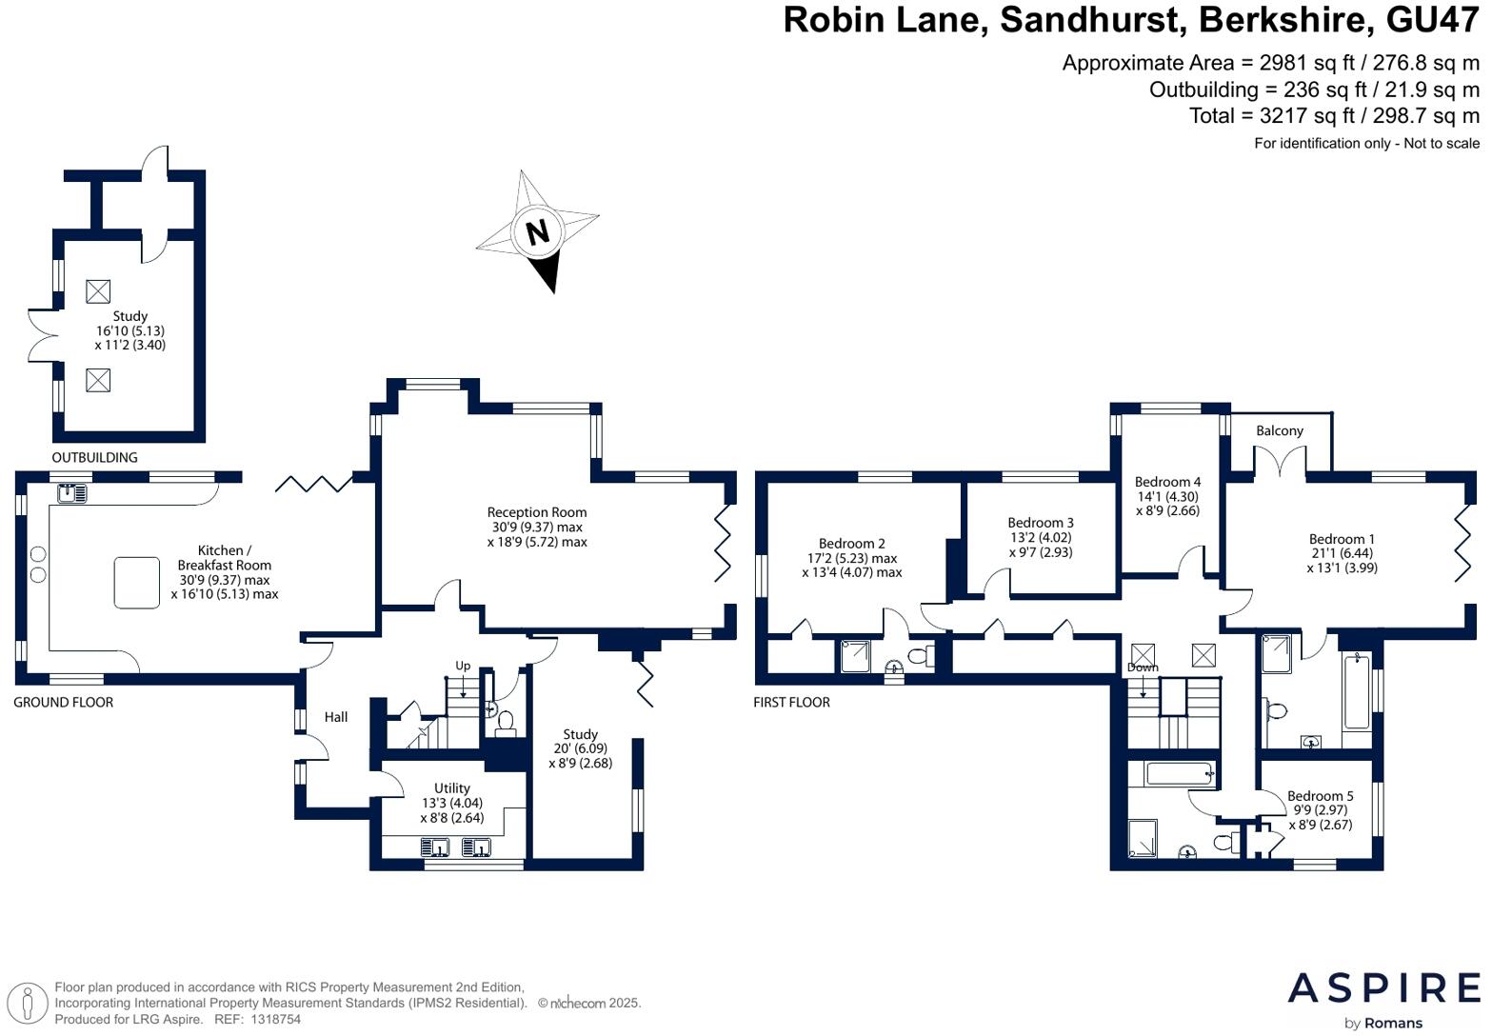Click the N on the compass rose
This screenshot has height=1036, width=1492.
pos(538,232)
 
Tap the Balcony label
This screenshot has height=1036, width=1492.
pos(1279,431)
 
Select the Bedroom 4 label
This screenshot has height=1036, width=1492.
pos(1167,482)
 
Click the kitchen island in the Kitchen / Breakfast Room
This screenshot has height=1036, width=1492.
pos(136,583)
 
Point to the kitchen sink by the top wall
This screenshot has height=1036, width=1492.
pos(72,493)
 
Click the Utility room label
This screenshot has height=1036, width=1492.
pos(451,788)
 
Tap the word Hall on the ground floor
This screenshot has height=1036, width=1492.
pos(336,717)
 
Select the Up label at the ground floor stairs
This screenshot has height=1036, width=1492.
pos(462,666)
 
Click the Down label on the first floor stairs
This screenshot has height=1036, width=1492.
pos(1143,667)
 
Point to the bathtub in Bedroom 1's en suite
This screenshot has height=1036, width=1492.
pos(1357,692)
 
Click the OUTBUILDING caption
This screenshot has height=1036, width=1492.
pos(94,458)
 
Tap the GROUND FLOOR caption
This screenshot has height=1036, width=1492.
pos(63,702)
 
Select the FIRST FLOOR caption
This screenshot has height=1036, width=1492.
pos(791,702)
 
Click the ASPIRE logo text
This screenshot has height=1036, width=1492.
pos(1383,988)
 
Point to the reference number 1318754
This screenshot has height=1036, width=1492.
pos(275,1020)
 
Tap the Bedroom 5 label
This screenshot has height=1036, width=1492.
pos(1321,796)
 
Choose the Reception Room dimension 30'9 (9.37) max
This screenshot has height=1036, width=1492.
pos(537,527)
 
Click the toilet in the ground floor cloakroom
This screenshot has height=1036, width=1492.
pos(506,723)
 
